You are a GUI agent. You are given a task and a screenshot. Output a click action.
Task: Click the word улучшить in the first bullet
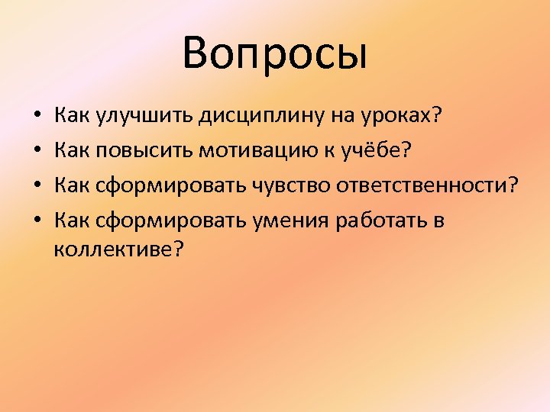144,117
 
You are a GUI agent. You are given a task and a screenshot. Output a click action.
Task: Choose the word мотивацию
256,151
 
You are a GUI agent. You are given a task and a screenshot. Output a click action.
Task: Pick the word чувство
290,186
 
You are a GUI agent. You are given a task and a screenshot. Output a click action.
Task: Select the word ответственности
421,186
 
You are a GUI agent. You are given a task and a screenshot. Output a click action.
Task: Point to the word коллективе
114,249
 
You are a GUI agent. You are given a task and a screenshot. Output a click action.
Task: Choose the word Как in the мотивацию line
72,151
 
